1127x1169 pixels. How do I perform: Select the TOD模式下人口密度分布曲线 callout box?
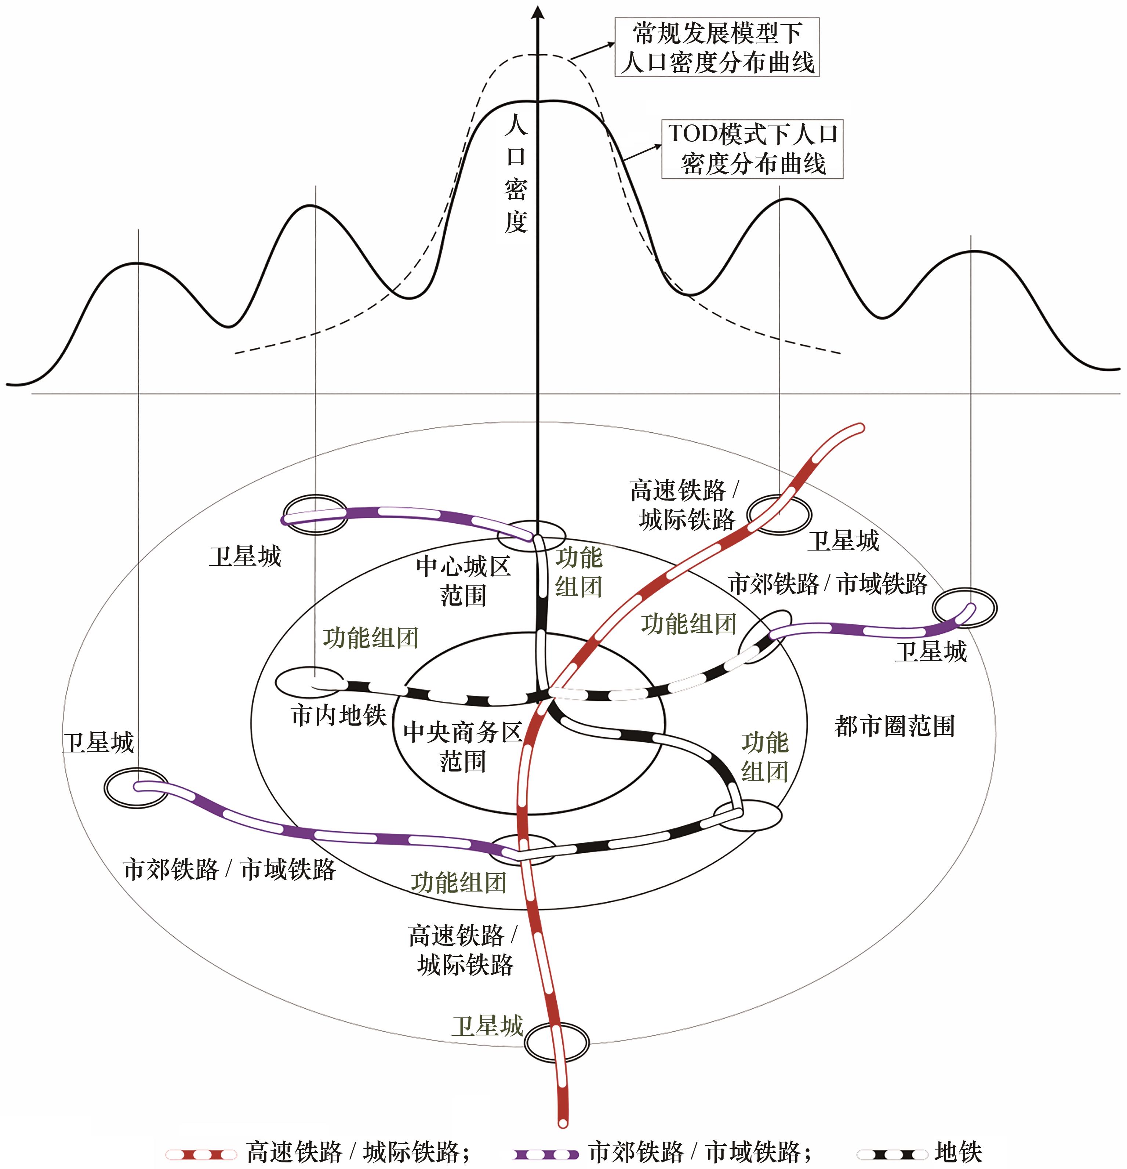click(x=753, y=149)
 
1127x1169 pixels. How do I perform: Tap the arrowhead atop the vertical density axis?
click(x=538, y=12)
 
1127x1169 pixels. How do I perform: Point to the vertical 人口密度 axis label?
click(x=516, y=174)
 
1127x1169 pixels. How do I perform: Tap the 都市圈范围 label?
click(x=894, y=726)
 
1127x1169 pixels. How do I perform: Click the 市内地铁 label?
click(x=339, y=715)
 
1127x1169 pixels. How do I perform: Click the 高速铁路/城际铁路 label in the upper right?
click(x=684, y=505)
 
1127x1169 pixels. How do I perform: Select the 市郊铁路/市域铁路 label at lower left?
click(x=230, y=870)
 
